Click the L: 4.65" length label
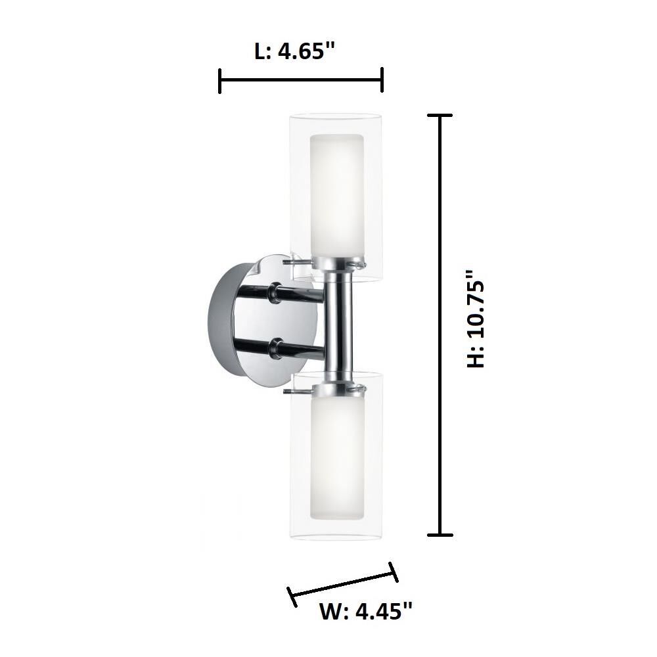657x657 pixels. click(290, 51)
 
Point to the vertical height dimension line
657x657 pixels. click(440, 325)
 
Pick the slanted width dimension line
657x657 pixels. click(343, 583)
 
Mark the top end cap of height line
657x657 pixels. click(440, 116)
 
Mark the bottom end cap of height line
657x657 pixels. click(440, 534)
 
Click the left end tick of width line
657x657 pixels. click(291, 596)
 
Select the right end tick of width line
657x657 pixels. click(394, 572)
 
